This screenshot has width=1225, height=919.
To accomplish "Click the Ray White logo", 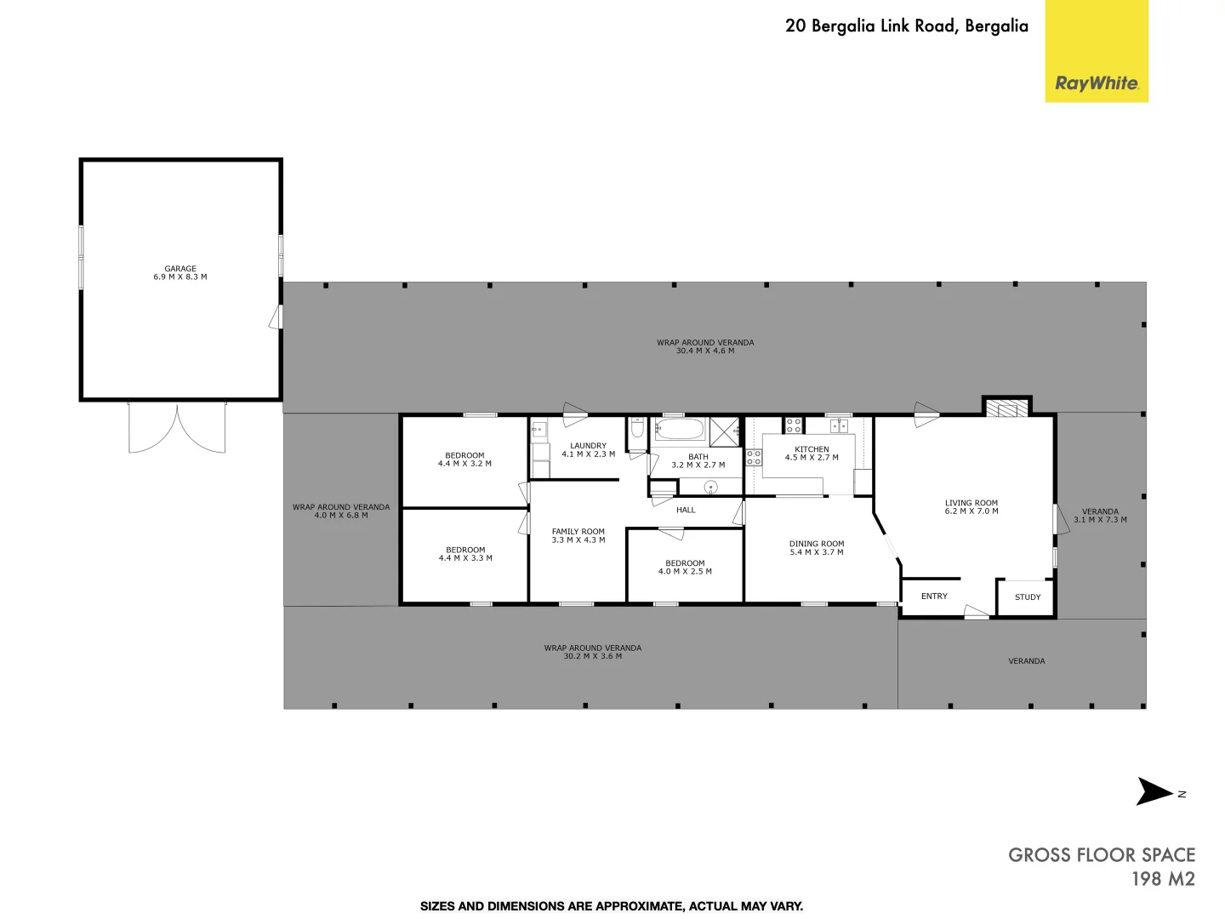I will pyautogui.click(x=1096, y=83).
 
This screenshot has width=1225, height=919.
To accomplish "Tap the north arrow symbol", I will pyautogui.click(x=1155, y=791).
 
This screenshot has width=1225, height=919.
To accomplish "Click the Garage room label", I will pyautogui.click(x=180, y=273).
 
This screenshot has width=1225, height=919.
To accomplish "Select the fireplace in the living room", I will pyautogui.click(x=1006, y=409).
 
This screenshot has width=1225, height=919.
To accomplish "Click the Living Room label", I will pyautogui.click(x=971, y=507).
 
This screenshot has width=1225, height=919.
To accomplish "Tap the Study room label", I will pyautogui.click(x=1027, y=597).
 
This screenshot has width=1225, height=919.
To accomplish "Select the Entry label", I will pyautogui.click(x=933, y=596).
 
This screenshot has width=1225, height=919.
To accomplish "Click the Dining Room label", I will pyautogui.click(x=816, y=548).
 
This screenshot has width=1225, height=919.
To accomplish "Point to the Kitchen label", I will pyautogui.click(x=812, y=454).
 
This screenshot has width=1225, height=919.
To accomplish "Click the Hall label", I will pyautogui.click(x=686, y=511).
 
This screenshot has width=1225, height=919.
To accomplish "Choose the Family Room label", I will pyautogui.click(x=578, y=536).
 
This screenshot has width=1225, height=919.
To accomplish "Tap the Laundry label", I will pyautogui.click(x=588, y=450).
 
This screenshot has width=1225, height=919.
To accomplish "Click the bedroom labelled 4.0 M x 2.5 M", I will pyautogui.click(x=685, y=568).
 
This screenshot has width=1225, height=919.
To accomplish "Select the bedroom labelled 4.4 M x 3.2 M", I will pyautogui.click(x=464, y=459).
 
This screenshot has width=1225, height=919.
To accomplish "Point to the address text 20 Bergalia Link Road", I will pyautogui.click(x=906, y=26).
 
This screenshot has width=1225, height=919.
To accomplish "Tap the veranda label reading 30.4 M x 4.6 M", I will pyautogui.click(x=704, y=346).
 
